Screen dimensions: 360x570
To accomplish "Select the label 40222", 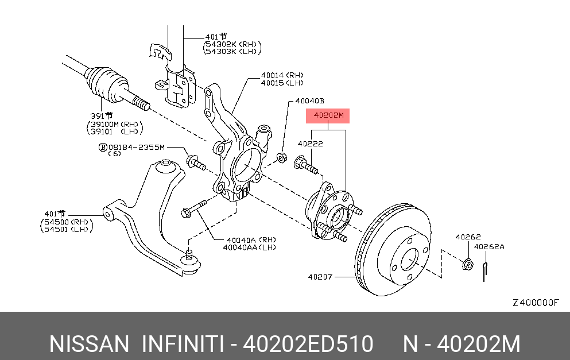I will (x=310, y=144).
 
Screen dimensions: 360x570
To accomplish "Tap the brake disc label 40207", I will (x=320, y=277).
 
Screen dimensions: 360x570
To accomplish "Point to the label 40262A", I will (x=489, y=247).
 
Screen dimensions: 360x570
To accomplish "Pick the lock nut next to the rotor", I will (x=467, y=265).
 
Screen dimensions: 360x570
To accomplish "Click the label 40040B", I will (x=310, y=101).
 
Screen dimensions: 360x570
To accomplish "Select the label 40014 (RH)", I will (x=282, y=75).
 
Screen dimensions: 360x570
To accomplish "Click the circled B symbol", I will (x=103, y=148).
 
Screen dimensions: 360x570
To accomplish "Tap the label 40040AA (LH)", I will (x=251, y=247).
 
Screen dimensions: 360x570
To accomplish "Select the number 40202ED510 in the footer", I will (x=308, y=344).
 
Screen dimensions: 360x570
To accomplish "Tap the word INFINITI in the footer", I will (x=182, y=344).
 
